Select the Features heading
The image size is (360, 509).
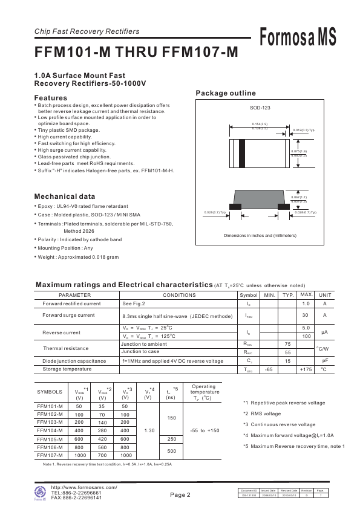point(50,98)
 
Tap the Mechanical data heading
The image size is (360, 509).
point(64,196)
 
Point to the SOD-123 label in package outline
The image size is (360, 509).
point(260,108)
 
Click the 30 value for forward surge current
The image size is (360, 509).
point(306,315)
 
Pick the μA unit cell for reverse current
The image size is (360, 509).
point(324,332)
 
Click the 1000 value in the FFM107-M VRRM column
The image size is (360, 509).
point(79,455)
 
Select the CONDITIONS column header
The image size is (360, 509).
point(179,295)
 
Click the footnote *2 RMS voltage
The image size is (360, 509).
point(261,413)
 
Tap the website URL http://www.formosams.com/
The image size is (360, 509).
point(84,487)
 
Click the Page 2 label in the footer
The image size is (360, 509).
point(180,494)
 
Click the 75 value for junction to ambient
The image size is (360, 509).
point(287,343)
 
